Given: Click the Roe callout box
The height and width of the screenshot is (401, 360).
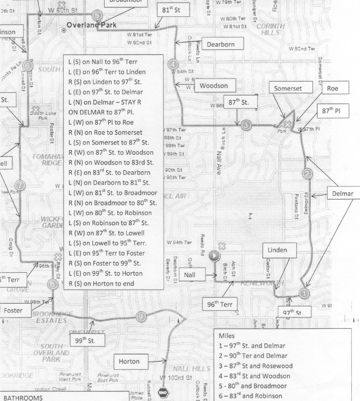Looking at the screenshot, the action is [x=332, y=88].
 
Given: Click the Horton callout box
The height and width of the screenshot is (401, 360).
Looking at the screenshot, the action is [x=129, y=361].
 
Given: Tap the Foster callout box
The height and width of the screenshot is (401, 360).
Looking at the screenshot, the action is [x=13, y=310].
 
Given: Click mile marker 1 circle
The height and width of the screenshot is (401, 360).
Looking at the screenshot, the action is [x=304, y=293].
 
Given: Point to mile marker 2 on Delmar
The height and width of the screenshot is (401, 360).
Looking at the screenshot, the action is [x=308, y=173].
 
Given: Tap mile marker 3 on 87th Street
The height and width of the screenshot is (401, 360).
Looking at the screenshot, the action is [x=246, y=125].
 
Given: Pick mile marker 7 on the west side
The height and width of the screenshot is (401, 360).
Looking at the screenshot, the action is [x=20, y=185].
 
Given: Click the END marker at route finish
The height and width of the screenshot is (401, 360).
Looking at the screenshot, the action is [x=164, y=392].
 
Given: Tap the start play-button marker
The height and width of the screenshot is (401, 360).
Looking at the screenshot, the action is [x=214, y=255].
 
